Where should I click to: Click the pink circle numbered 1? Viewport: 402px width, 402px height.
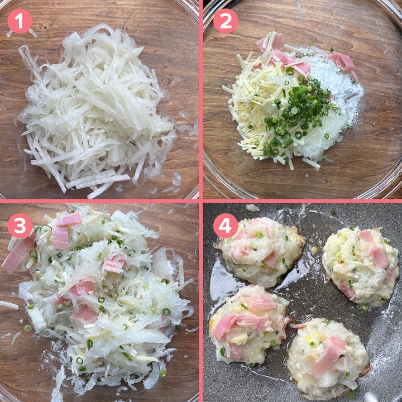click(20, 21)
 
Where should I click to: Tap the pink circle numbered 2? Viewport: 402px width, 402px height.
click(226, 21)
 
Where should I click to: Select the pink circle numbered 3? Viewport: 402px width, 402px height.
click(20, 226)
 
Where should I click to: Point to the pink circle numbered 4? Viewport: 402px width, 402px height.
click(226, 226)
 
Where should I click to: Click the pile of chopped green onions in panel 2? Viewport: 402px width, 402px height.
click(298, 113)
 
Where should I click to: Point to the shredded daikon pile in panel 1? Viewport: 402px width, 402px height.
click(97, 108)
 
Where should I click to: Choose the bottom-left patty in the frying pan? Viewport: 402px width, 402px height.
click(250, 324)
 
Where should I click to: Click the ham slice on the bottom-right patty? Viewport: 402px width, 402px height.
click(328, 356)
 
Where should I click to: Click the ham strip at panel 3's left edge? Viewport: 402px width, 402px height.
click(18, 252)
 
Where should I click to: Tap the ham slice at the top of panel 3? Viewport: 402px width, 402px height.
click(69, 220)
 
